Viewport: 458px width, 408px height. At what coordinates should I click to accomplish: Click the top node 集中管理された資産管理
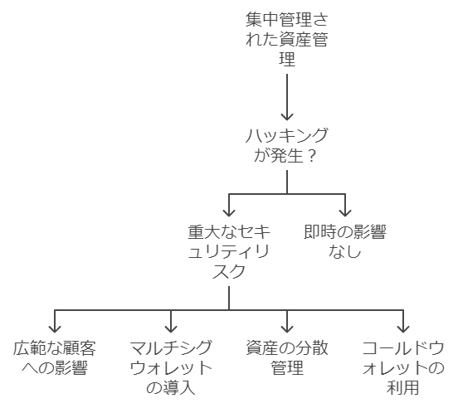(x=287, y=39)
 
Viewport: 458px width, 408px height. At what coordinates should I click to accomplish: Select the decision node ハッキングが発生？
(x=287, y=145)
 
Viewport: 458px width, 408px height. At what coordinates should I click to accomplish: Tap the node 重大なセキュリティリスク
(x=229, y=251)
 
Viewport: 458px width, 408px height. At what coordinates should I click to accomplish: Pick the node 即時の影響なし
(x=345, y=241)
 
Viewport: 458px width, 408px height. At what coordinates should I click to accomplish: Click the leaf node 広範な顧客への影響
(x=55, y=357)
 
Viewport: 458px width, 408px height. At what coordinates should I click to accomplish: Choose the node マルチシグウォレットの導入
(x=171, y=367)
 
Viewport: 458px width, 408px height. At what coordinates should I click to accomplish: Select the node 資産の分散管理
(x=287, y=357)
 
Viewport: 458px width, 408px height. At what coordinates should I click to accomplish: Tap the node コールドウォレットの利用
(x=403, y=367)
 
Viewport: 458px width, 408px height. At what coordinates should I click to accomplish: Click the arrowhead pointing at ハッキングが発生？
(x=287, y=116)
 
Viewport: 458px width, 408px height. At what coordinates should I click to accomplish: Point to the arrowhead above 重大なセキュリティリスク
(x=229, y=213)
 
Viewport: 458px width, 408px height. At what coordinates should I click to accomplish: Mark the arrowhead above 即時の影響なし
(x=345, y=213)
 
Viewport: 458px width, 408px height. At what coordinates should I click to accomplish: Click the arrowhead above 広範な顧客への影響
(x=55, y=329)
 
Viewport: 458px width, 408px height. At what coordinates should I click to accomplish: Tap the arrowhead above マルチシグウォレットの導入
(x=171, y=329)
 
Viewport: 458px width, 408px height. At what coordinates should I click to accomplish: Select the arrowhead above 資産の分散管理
(x=287, y=329)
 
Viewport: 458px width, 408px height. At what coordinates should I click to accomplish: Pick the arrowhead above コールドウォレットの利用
(x=403, y=329)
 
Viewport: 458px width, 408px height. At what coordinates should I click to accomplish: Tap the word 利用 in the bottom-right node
(x=403, y=387)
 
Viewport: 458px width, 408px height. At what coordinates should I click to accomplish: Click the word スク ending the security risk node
(x=229, y=271)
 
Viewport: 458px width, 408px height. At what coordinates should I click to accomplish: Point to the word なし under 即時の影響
(x=345, y=251)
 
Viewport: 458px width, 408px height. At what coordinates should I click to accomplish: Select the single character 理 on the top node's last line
(x=287, y=58)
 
